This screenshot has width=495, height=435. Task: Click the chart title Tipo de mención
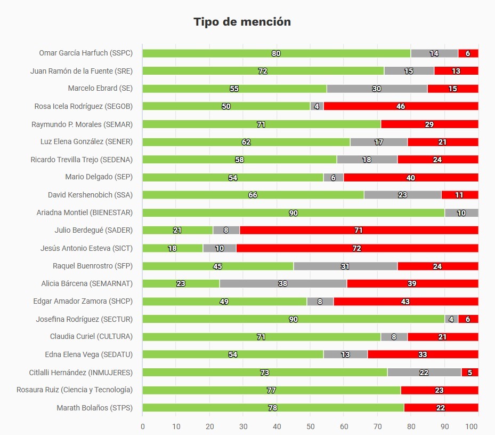pos(242,22)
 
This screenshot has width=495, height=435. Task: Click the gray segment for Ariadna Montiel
pos(461,213)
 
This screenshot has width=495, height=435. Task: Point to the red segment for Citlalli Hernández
pos(470,373)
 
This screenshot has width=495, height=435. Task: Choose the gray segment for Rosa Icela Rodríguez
pos(317,106)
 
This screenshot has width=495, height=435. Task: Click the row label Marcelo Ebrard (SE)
pos(100,89)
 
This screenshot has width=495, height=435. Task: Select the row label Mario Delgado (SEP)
pos(99,177)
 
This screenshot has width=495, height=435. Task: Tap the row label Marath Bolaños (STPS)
pos(94,408)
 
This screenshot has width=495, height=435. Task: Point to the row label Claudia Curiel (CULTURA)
pos(91,337)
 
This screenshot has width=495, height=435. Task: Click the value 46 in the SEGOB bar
pos(401,106)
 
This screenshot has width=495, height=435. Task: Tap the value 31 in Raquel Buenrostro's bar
pos(345,266)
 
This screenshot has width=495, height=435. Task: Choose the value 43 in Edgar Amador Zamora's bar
pos(405,302)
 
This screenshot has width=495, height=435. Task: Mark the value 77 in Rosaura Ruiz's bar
pos(271,390)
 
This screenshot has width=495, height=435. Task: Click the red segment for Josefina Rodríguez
pos(468,319)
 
